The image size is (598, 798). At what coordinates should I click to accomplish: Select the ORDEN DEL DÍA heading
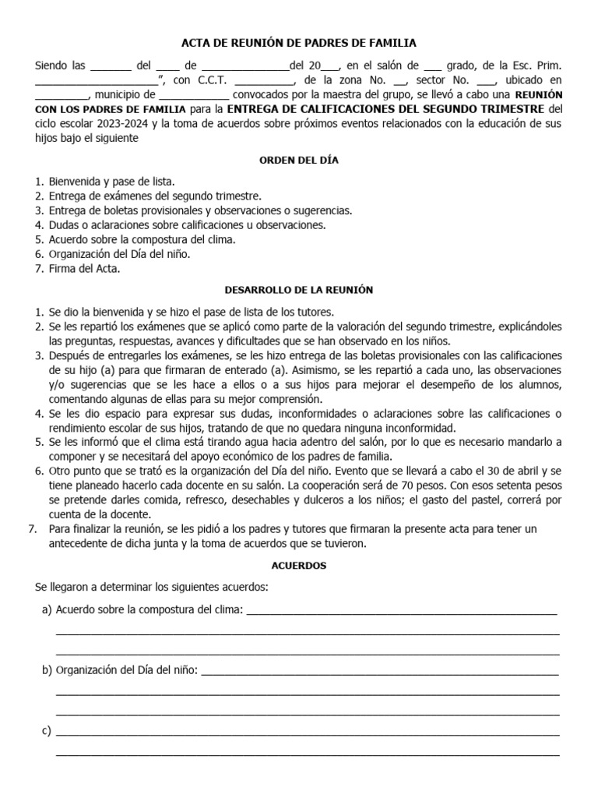pos(299,160)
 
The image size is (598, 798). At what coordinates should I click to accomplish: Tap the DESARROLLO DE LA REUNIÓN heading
pos(299,290)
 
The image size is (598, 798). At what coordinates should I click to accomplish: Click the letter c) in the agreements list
pos(46,730)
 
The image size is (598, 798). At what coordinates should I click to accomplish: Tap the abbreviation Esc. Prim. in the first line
pos(536,65)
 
